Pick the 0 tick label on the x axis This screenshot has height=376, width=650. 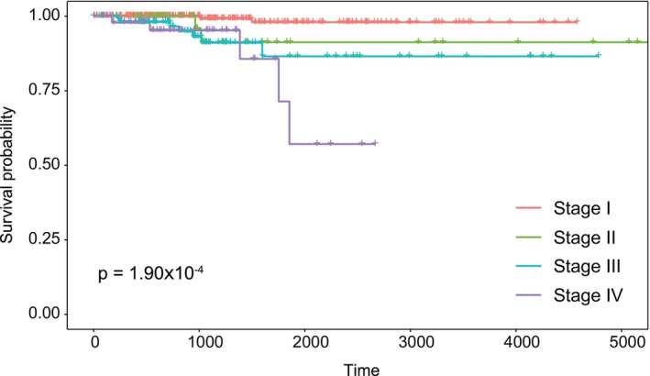click(94, 341)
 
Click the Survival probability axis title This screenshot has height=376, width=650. click(10, 164)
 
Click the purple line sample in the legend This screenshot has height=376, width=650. click(531, 295)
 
